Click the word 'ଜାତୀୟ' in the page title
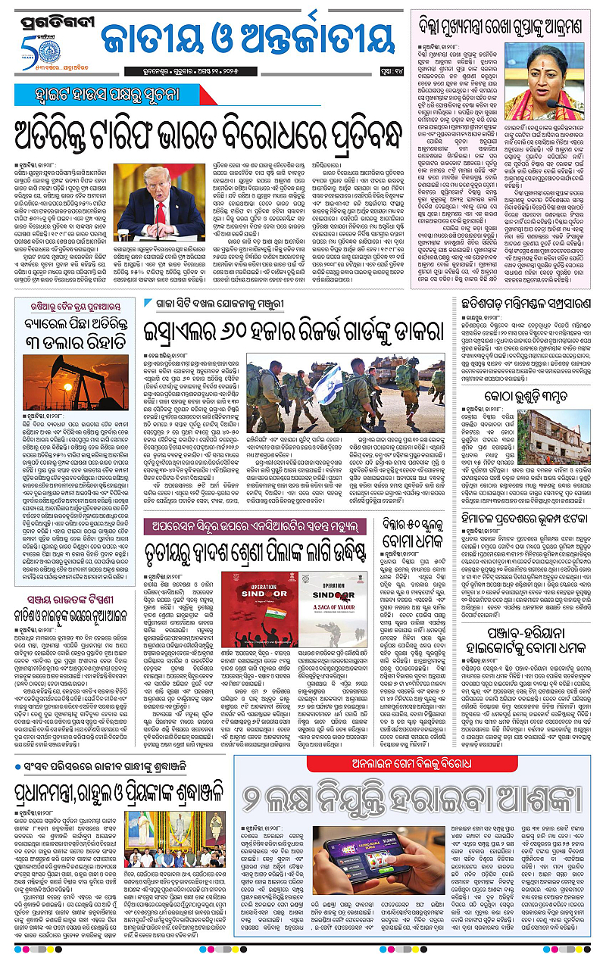[x=151, y=40]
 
